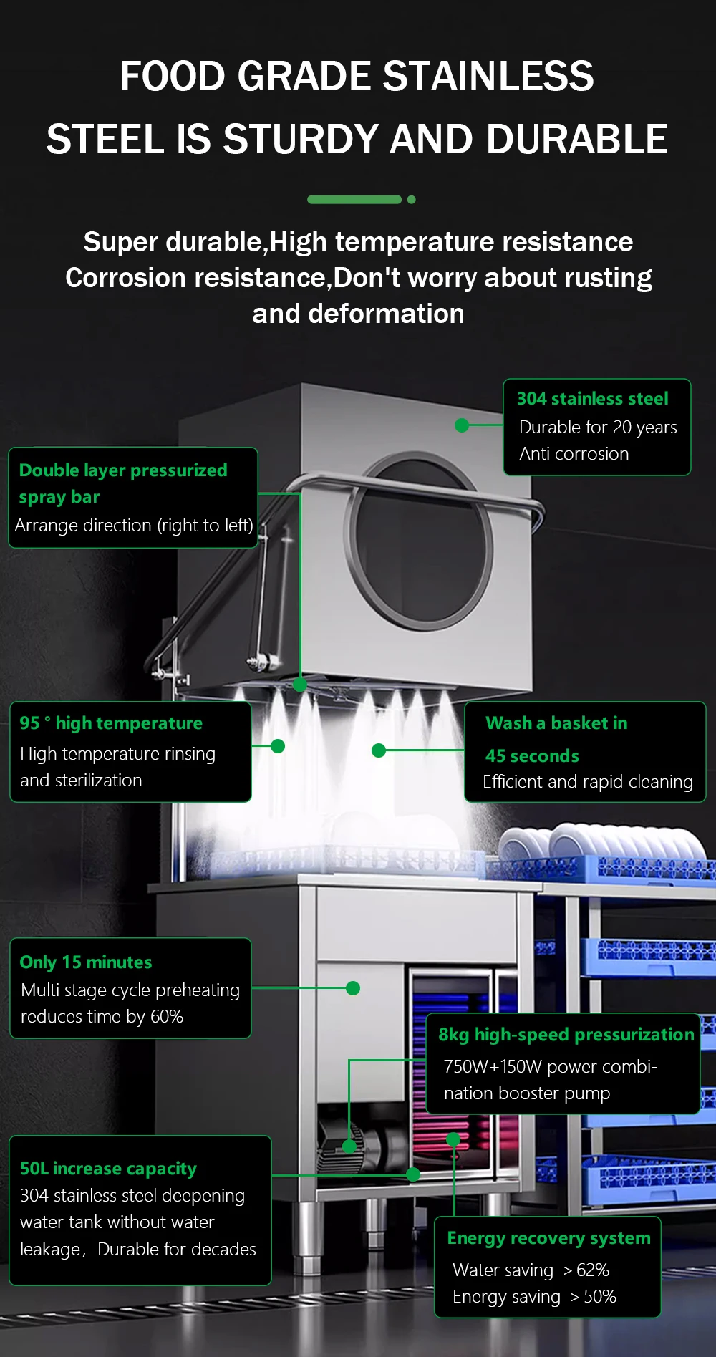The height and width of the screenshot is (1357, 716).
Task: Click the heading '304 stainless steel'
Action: click(x=592, y=399)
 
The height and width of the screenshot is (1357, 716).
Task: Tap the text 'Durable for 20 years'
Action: click(x=597, y=428)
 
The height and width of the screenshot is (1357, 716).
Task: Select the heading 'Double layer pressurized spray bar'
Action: click(x=122, y=483)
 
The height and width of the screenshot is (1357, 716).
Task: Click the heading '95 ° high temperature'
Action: click(x=111, y=723)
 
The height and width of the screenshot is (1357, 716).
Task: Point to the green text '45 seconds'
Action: click(x=532, y=756)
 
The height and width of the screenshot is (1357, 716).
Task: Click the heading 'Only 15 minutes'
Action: click(x=86, y=962)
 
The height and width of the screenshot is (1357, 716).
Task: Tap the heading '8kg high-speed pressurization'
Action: click(x=566, y=1035)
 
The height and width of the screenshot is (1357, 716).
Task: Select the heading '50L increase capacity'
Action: click(x=108, y=1169)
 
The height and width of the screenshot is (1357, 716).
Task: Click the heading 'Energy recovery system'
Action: click(x=548, y=1238)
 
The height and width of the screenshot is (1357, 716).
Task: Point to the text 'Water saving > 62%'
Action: click(x=531, y=1270)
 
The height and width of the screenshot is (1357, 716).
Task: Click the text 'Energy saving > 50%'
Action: click(x=534, y=1297)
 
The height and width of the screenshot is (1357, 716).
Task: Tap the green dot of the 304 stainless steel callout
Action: click(x=462, y=425)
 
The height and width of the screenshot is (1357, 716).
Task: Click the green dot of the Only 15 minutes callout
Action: click(x=352, y=988)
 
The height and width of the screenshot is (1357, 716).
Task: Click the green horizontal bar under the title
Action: click(x=354, y=200)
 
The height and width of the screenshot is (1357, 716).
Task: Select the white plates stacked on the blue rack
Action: click(x=601, y=841)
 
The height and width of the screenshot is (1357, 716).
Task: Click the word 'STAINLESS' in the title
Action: click(x=488, y=77)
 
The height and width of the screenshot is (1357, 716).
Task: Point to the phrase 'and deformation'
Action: click(x=358, y=314)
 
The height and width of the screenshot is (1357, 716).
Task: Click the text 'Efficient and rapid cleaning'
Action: click(x=587, y=782)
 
